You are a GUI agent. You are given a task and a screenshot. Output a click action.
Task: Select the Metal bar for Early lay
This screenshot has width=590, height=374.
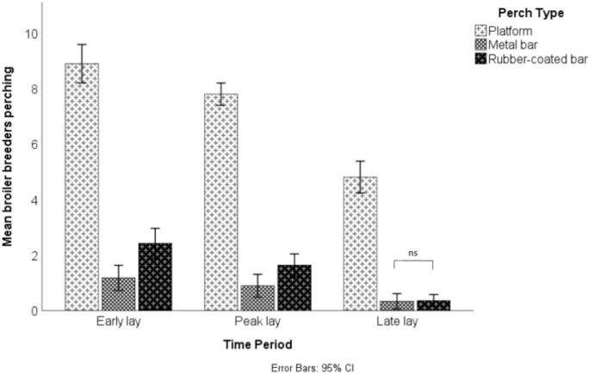point(119,294)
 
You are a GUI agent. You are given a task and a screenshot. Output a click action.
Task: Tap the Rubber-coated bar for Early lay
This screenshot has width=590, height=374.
point(156,277)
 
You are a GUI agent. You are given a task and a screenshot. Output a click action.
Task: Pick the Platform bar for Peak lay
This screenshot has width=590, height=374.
point(220,202)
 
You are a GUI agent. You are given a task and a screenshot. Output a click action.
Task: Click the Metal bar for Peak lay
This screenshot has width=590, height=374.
point(258,297)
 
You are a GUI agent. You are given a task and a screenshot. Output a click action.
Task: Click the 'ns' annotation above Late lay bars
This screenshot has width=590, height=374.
point(413,254)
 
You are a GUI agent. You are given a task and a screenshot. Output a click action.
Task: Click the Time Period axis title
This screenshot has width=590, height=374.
point(257,344)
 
